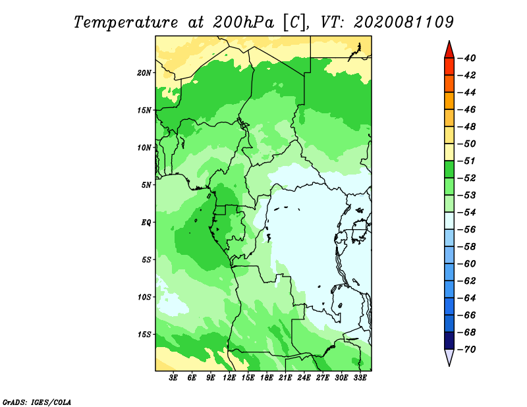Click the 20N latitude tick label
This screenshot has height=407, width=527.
144,73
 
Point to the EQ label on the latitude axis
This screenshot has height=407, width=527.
146,223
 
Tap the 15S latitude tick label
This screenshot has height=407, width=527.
144,335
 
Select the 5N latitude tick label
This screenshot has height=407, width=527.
146,185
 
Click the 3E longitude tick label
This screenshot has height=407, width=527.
173,378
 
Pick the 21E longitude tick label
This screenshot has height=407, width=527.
285,378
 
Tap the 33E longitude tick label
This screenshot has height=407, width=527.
360,378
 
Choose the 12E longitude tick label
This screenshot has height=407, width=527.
229,378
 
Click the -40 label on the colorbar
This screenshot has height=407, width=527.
467,58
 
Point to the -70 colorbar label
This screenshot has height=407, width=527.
467,350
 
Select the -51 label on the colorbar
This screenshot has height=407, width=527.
467,161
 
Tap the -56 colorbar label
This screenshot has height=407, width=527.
467,230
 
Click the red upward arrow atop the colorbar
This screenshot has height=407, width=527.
449,51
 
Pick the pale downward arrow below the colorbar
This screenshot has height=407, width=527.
449,357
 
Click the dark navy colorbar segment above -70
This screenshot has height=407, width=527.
449,340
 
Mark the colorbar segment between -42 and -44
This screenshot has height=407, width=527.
449,84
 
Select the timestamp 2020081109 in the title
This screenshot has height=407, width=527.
403,22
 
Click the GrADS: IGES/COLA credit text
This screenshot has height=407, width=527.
37,402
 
